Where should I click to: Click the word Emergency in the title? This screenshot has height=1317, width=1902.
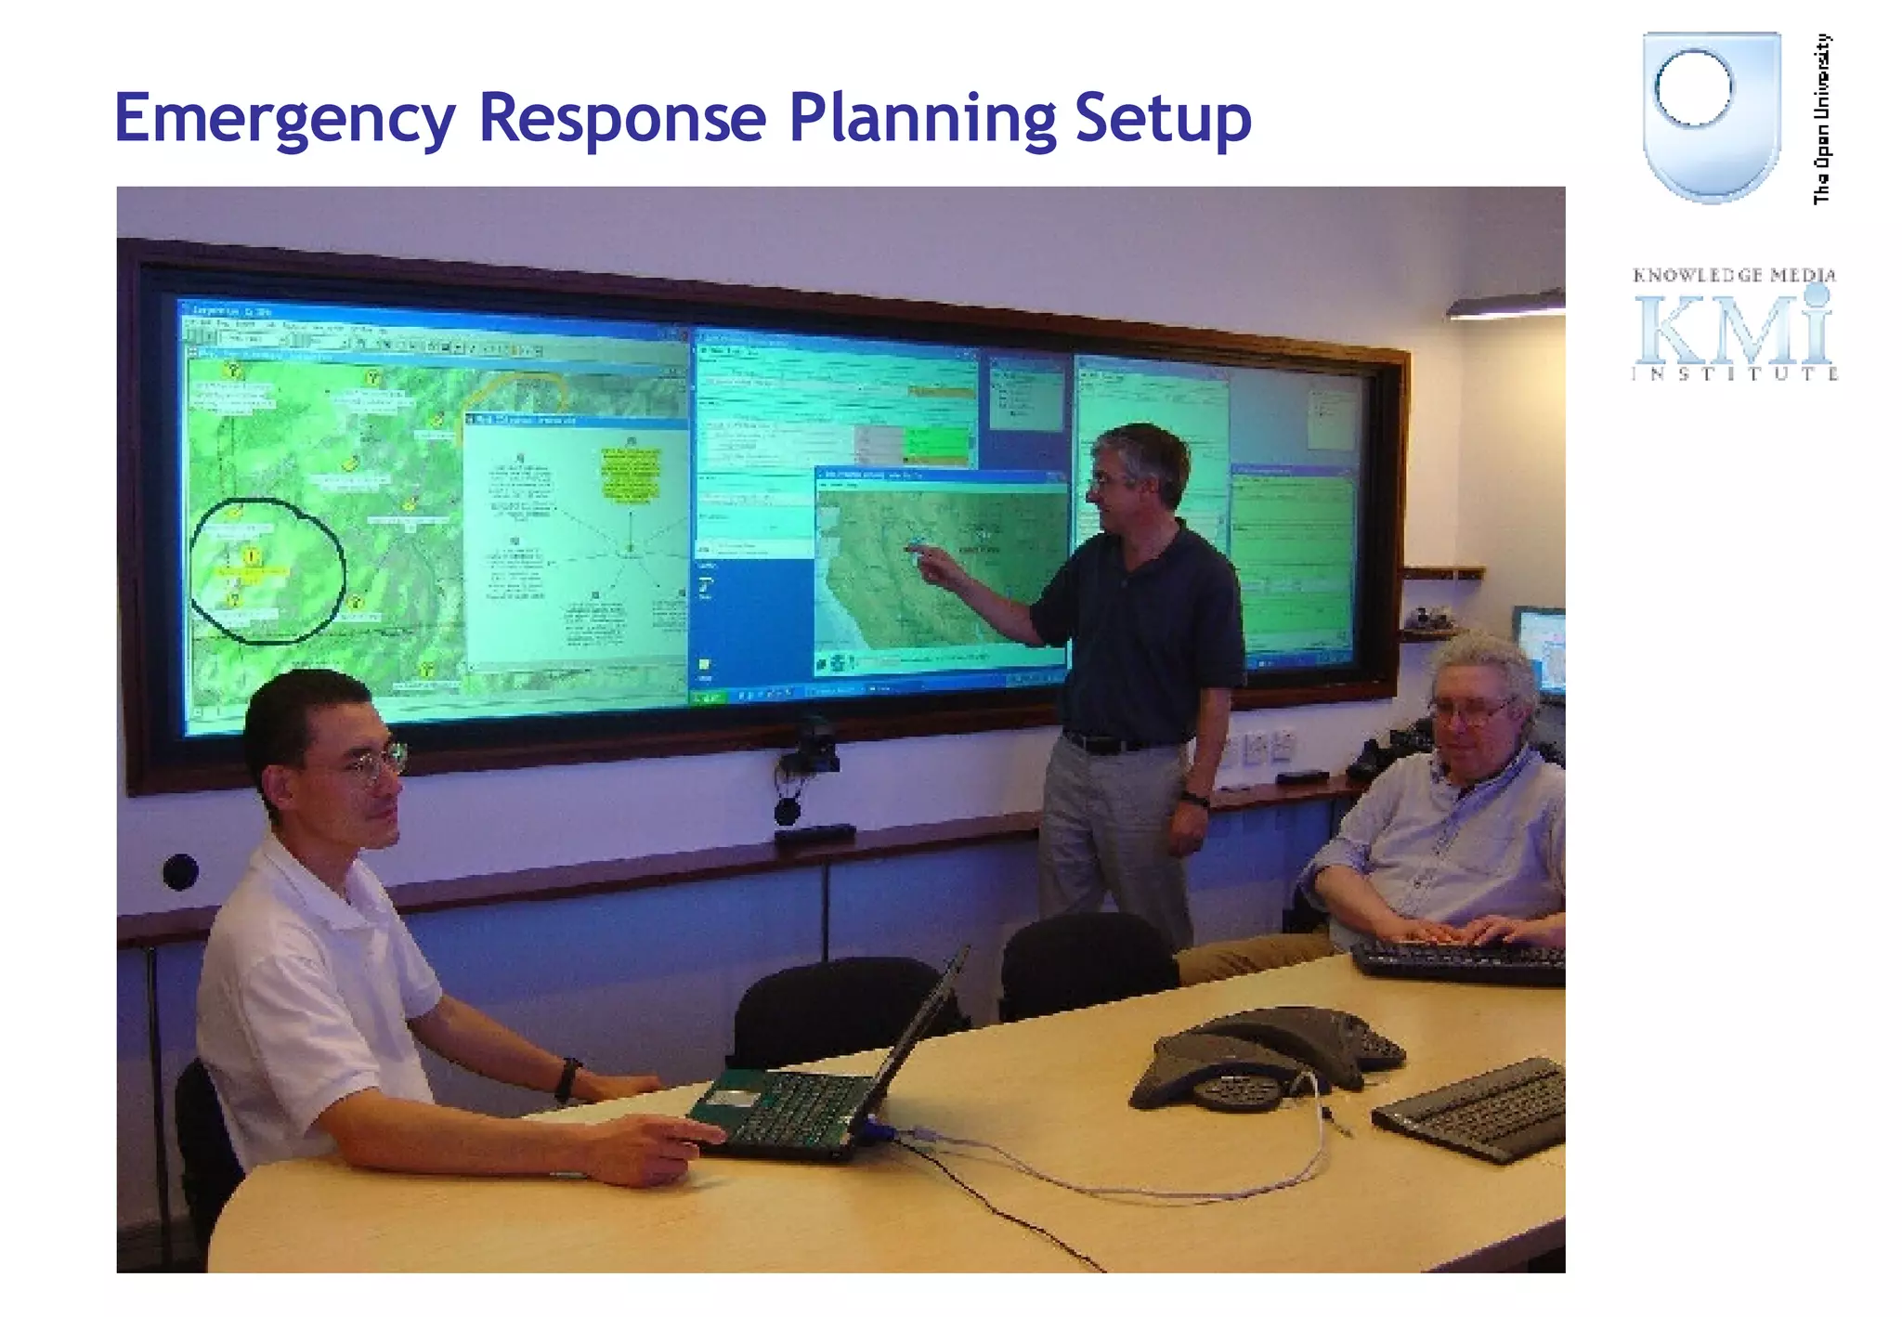coord(284,119)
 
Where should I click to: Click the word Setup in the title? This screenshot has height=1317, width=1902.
coord(1163,119)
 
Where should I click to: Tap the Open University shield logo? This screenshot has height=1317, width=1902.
coord(1711,115)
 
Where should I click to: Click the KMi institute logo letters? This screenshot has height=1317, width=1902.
coord(1733,330)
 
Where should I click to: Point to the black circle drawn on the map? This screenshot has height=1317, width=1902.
coord(267,571)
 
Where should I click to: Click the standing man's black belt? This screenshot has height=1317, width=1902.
coord(1105,743)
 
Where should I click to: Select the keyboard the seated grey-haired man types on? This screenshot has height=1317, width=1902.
coord(1458,961)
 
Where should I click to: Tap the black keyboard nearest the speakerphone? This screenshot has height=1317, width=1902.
coord(1477,1110)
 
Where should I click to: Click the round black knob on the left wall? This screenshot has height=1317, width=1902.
coord(180,871)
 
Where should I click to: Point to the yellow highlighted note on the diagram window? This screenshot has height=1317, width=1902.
coord(631,475)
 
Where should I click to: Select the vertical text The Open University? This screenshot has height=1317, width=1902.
coord(1822,119)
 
